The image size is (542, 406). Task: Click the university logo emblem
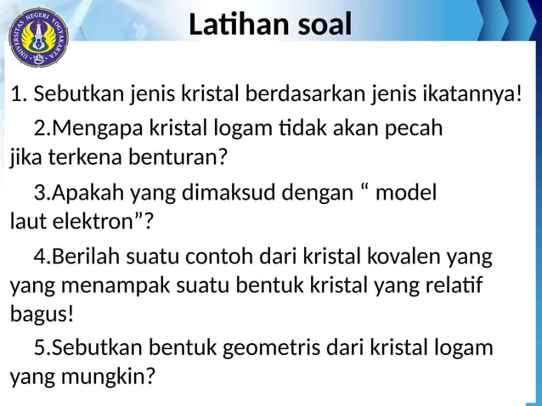(x=37, y=37)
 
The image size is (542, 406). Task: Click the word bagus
(x=41, y=313)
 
